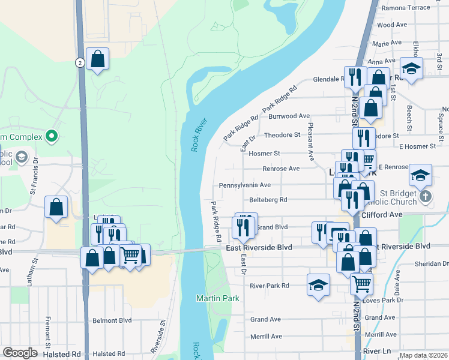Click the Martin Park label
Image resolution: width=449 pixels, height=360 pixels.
click(217, 298)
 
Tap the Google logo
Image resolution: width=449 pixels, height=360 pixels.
click(19, 353)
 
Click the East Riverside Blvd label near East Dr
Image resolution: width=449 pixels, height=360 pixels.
click(259, 248)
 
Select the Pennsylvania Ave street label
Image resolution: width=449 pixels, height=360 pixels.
click(245, 185)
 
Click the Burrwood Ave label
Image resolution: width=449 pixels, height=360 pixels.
click(289, 116)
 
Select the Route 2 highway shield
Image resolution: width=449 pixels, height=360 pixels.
click(79, 62)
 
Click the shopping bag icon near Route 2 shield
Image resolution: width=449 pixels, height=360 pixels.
click(97, 59)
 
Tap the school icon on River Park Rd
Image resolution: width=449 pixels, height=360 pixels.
click(318, 285)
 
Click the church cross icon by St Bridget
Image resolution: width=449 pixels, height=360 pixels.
click(426, 196)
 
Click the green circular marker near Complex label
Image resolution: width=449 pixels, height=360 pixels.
click(52, 137)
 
